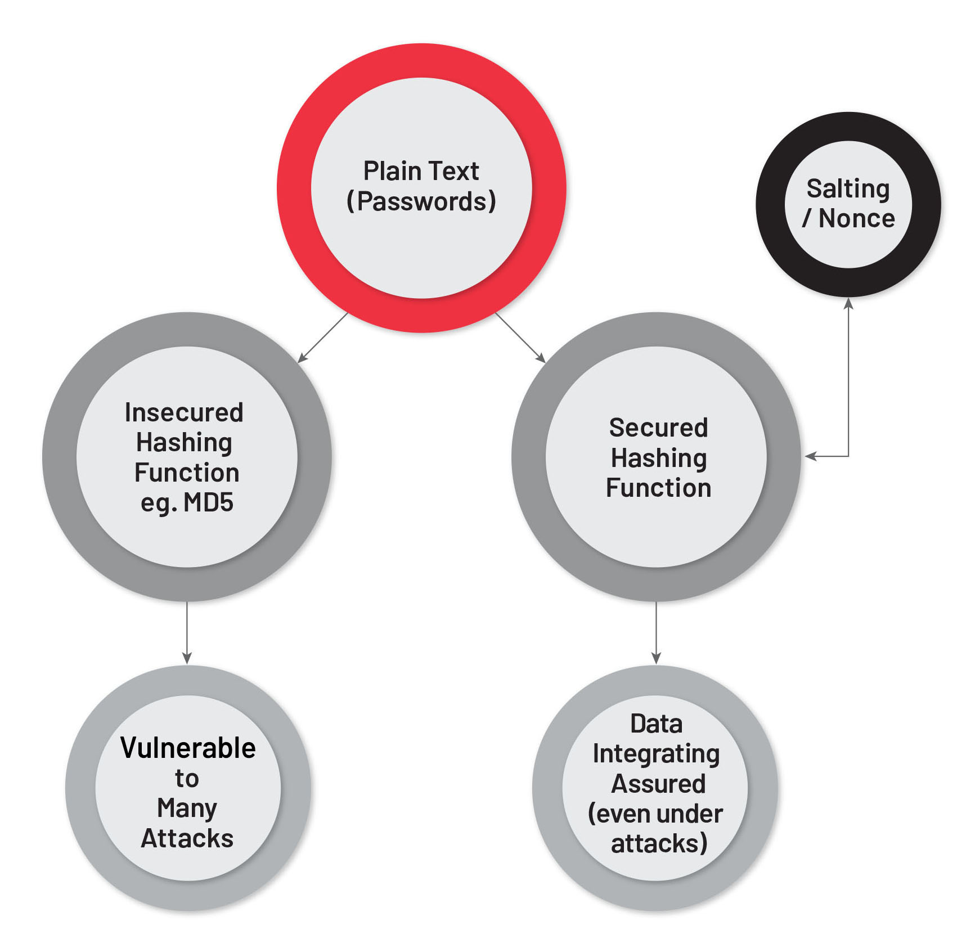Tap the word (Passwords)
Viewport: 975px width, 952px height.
[421, 201]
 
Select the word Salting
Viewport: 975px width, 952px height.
[848, 189]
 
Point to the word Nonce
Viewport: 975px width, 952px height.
[856, 219]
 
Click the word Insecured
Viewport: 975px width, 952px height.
[184, 412]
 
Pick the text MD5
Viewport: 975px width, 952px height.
[208, 502]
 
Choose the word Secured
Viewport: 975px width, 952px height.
[658, 428]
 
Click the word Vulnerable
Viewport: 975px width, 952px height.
[188, 748]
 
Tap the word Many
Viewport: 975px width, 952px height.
[187, 809]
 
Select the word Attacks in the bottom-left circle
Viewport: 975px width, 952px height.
[187, 838]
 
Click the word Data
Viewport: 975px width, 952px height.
[656, 724]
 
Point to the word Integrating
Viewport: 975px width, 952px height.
[656, 754]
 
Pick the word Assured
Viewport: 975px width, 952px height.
[658, 784]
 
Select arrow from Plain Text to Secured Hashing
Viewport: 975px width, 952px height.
[520, 338]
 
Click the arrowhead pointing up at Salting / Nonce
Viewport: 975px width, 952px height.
[848, 304]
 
